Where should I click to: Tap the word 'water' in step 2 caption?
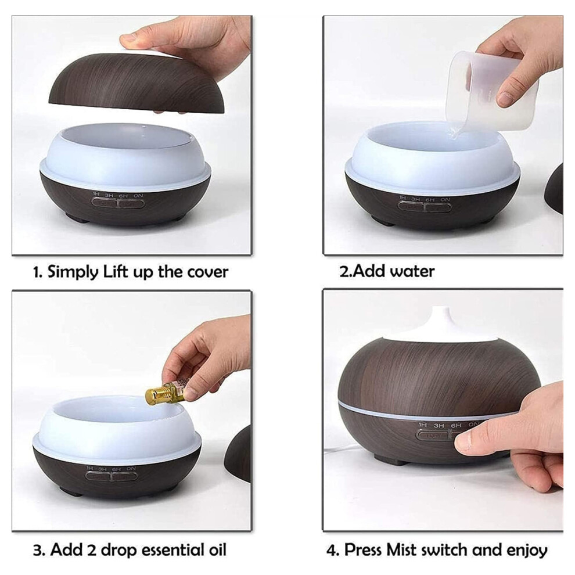(412, 271)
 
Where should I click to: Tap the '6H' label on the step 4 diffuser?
(456, 425)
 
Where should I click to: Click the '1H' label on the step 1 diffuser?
(96, 194)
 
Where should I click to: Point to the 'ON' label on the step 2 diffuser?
(445, 200)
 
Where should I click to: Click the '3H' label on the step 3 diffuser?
(102, 469)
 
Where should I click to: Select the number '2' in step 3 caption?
(91, 549)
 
